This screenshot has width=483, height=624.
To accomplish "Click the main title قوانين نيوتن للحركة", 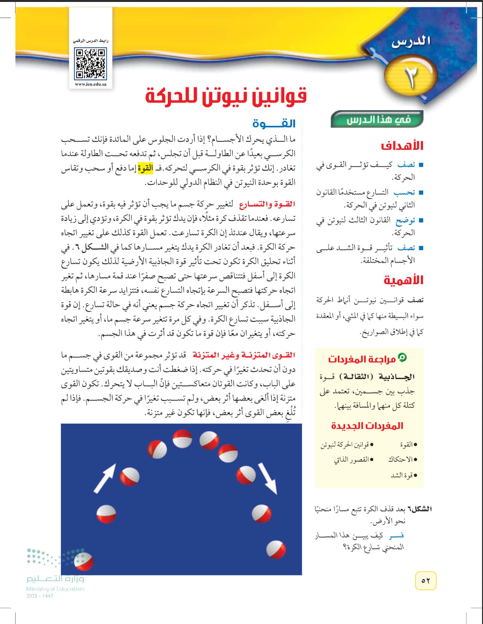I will coord(226,96).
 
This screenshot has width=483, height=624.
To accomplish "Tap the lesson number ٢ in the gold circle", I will coord(411,77).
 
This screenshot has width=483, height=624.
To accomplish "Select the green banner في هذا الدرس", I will coord(377,119).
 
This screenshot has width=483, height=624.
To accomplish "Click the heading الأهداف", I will coord(402,145).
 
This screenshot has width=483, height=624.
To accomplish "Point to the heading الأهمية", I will coord(403,280).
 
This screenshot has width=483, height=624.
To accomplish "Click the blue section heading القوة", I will coord(274,123).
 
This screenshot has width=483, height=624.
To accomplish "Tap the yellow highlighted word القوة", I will coord(145,169).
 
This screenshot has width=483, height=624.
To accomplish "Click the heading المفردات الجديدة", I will coord(367,426).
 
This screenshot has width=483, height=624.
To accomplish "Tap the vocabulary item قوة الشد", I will coord(403,475).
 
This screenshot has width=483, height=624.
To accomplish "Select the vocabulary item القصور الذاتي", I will coord(351,460).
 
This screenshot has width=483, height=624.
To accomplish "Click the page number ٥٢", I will coord(425,581).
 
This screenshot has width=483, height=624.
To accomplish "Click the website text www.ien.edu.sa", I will coord(90,84).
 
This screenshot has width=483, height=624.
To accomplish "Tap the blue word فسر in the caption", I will coord(396,535).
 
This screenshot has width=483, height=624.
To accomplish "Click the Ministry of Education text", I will coord(55,589).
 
